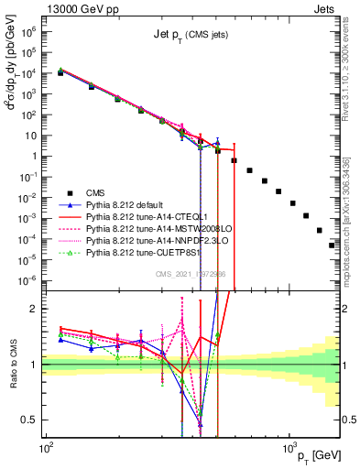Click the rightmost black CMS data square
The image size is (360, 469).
pos(332,245)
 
